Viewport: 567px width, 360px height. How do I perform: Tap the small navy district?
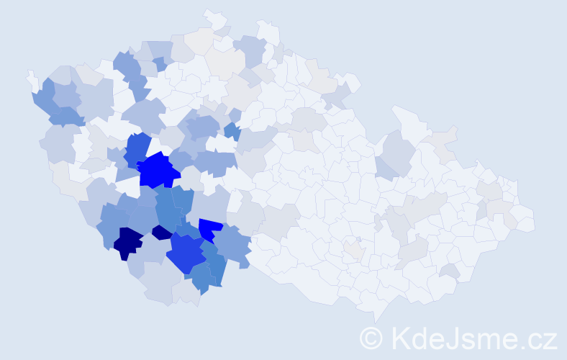click(x=162, y=232)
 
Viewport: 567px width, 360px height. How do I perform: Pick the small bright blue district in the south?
click(x=209, y=228)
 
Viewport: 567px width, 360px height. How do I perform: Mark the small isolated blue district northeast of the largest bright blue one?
click(x=232, y=131)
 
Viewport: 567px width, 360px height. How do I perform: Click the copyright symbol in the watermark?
click(x=371, y=338)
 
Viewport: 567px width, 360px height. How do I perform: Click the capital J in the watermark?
click(x=455, y=338)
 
